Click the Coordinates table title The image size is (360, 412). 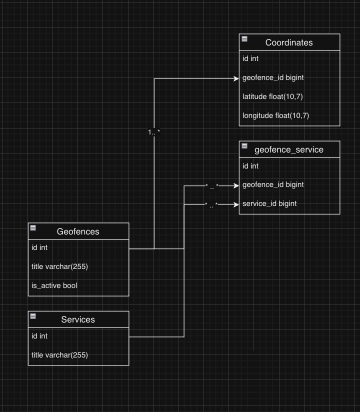289,42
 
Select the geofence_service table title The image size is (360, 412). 289,149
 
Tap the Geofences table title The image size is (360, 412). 78,231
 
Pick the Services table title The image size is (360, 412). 78,319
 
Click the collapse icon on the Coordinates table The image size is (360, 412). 244,38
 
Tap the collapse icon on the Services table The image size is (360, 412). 33,316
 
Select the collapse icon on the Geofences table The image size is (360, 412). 33,228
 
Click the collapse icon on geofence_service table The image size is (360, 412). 244,145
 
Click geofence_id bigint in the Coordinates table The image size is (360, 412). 273,77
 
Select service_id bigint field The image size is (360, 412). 269,203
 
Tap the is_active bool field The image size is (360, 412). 54,285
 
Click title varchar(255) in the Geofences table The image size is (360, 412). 59,266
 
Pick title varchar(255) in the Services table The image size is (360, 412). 59,355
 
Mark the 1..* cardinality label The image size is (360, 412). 154,132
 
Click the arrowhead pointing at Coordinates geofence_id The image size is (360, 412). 236,78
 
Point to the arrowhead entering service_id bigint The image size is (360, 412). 236,204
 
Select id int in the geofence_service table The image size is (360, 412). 250,166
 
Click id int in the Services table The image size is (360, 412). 39,336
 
